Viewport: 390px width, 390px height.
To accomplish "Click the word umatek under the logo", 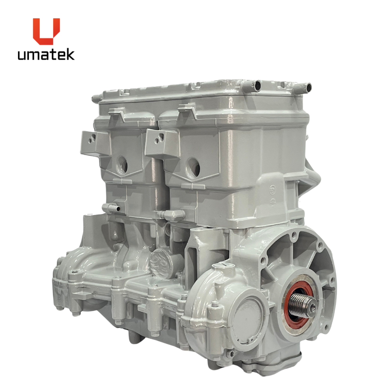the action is point(46,55).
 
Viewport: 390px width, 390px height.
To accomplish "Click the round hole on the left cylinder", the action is point(122,165).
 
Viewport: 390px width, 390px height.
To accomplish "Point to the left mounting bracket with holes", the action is point(96,142).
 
